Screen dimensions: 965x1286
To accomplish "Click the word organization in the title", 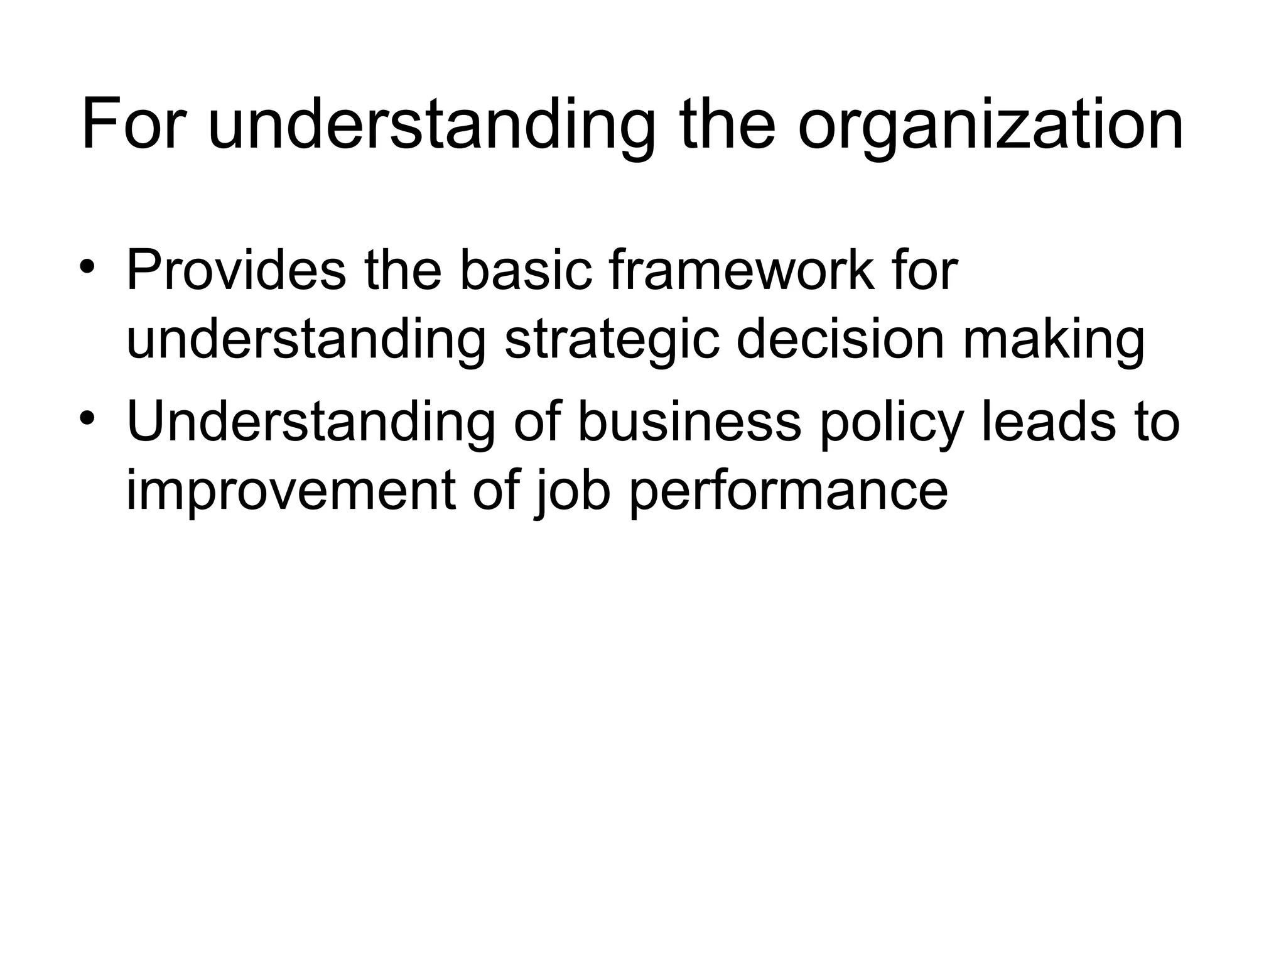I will click(x=990, y=124).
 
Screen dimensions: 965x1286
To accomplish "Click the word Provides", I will click(x=236, y=271).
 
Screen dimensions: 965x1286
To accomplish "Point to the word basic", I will click(x=526, y=271).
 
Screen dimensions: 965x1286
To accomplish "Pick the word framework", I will click(x=742, y=271).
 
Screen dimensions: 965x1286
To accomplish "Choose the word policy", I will click(x=891, y=422).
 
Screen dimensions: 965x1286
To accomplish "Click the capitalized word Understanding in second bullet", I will click(x=311, y=422).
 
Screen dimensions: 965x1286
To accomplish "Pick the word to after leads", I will click(x=1156, y=422).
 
